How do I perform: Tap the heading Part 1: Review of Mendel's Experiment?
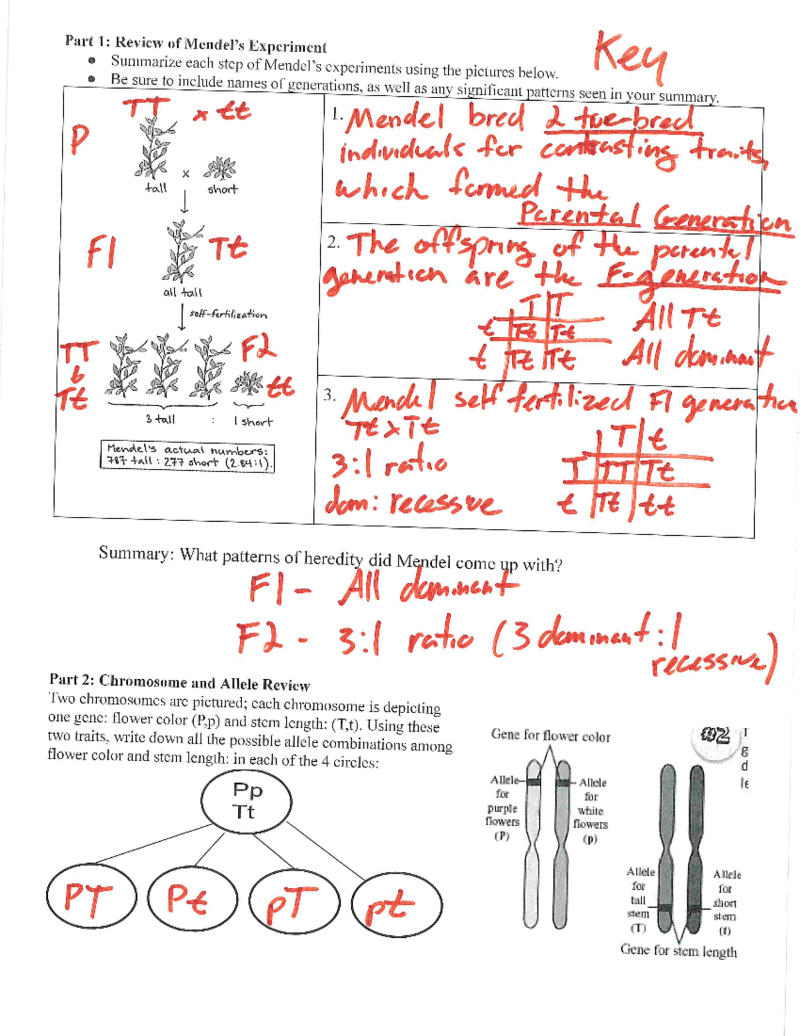pos(195,44)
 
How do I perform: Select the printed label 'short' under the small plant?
pos(222,189)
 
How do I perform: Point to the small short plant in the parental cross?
pos(219,168)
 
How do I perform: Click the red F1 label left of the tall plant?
pos(100,253)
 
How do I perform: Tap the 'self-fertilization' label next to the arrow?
pos(228,314)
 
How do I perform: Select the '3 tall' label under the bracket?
pos(160,420)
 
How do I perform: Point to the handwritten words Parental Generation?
pos(653,217)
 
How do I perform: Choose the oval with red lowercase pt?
pos(396,905)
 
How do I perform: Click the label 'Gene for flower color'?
pos(550,736)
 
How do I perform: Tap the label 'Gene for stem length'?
pos(678,951)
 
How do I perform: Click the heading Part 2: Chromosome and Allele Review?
pos(179,683)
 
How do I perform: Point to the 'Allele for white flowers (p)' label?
pos(591,811)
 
